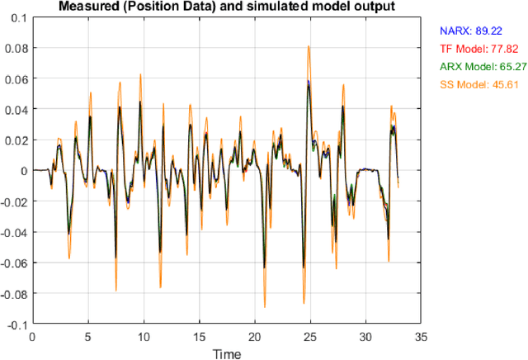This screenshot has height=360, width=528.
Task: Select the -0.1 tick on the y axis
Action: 16,324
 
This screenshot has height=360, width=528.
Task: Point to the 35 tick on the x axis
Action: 419,336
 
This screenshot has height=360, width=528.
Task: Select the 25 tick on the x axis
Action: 309,336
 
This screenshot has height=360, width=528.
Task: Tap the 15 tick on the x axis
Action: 198,336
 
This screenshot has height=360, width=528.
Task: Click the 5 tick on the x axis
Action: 87,336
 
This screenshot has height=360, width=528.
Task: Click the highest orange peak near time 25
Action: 309,46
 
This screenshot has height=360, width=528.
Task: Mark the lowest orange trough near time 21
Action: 265,307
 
